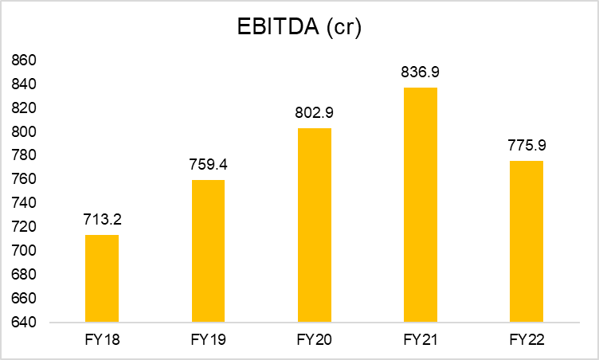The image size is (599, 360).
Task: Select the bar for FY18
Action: pos(102,279)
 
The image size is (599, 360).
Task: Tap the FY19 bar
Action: pos(208,251)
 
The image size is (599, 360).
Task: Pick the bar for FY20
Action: pos(315,225)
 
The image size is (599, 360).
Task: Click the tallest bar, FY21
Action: pos(421,205)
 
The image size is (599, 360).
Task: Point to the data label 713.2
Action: pos(102,219)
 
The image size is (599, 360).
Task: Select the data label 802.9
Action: pos(315,112)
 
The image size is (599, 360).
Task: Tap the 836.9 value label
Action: pos(421,72)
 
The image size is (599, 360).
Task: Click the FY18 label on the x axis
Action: pos(102,340)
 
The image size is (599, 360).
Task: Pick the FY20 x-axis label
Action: pos(315,340)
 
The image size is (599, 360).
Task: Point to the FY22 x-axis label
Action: pos(527,340)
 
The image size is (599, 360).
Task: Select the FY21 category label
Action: pos(421,340)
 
